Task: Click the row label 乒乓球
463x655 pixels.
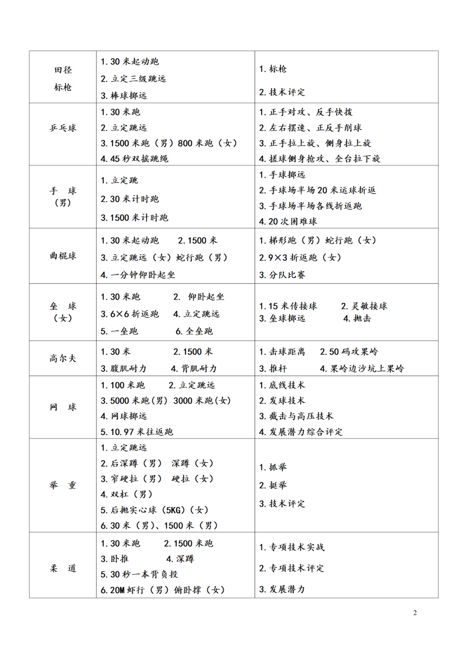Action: click(x=63, y=128)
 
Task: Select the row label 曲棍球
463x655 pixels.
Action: click(x=63, y=256)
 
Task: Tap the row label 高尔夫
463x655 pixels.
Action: click(x=63, y=358)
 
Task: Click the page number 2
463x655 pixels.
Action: click(x=415, y=613)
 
